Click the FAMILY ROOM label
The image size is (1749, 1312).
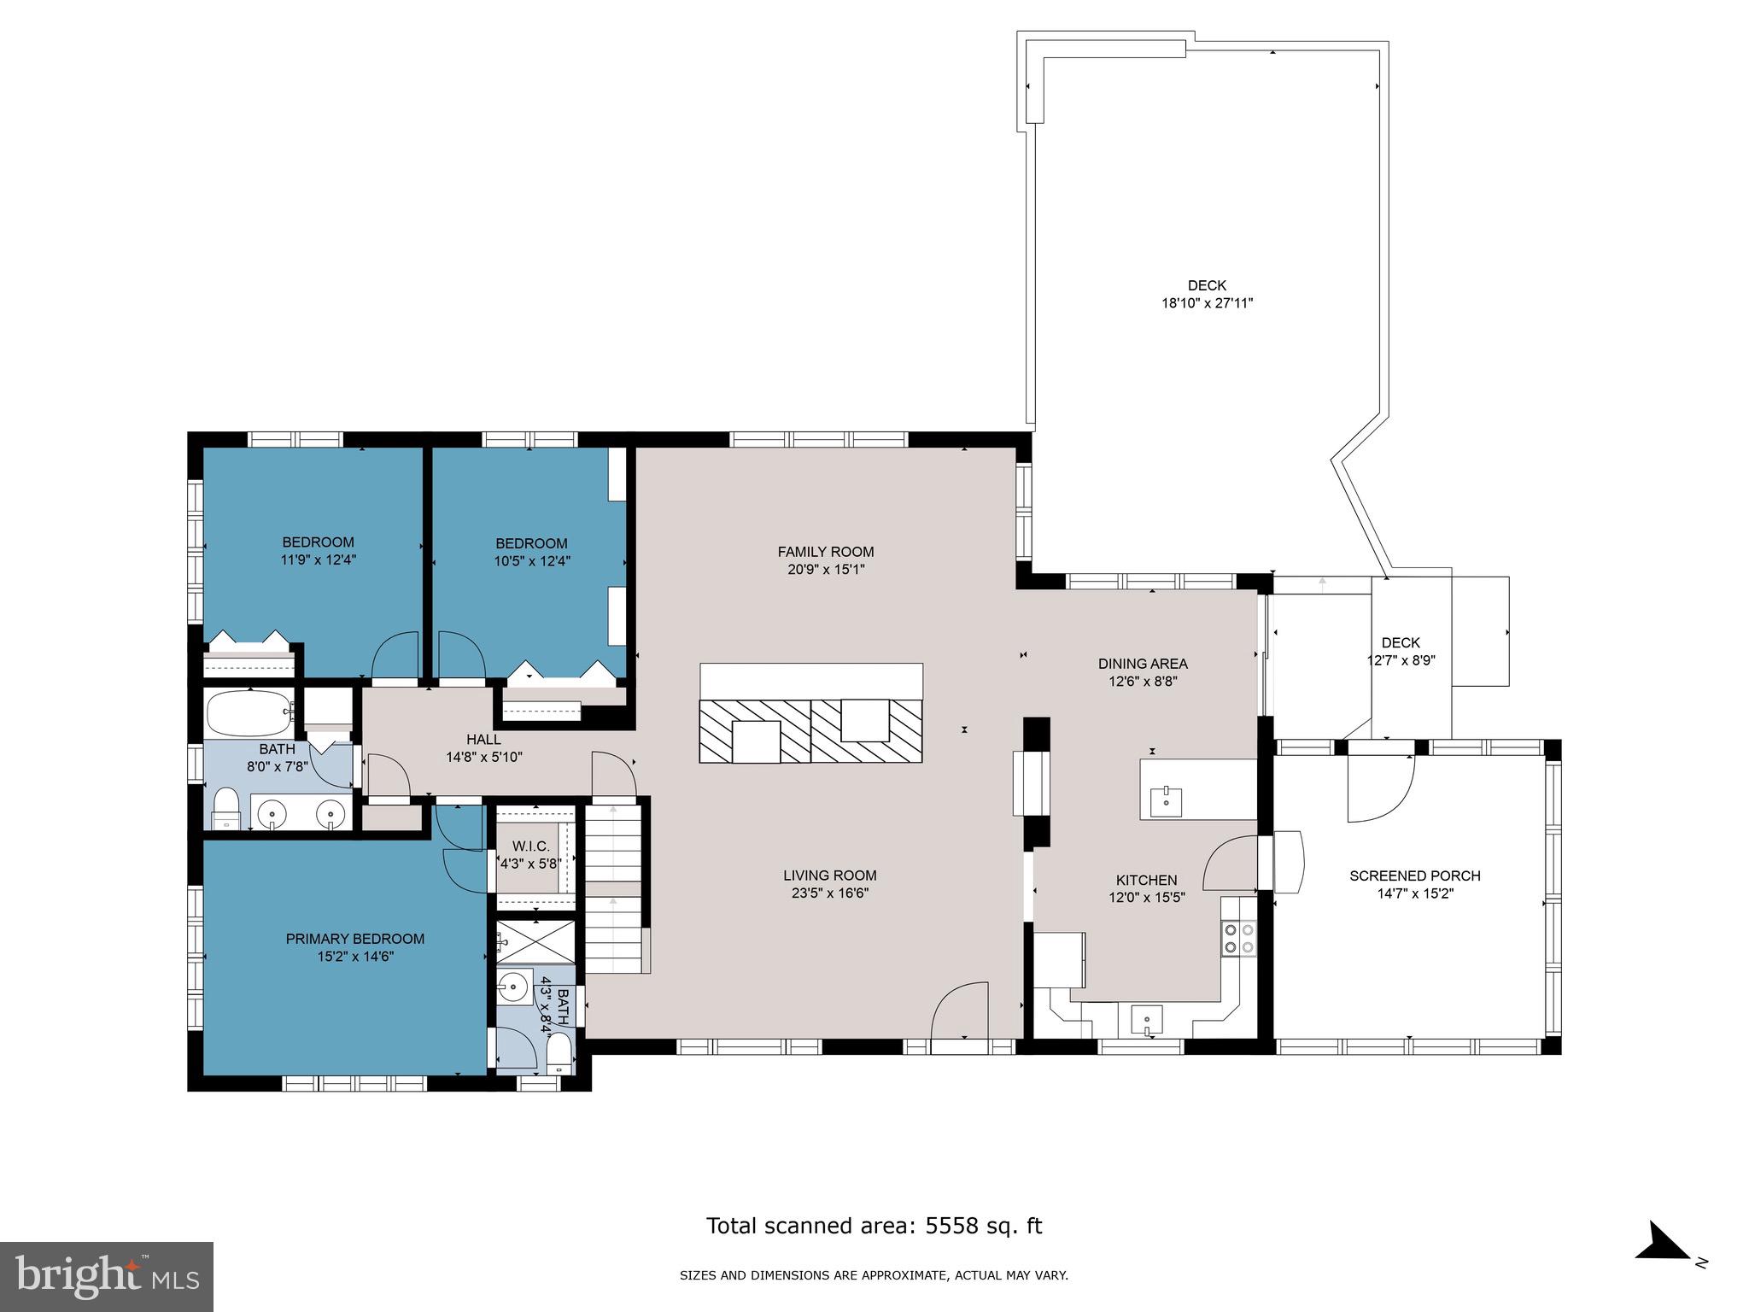pos(825,552)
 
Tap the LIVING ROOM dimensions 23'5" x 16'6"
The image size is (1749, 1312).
pos(830,893)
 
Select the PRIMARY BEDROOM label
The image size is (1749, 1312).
pos(354,939)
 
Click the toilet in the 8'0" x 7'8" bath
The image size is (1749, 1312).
pos(226,809)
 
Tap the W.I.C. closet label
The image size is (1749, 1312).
pos(530,846)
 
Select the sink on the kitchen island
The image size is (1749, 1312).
pos(1166,800)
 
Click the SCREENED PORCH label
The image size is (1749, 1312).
pos(1414,876)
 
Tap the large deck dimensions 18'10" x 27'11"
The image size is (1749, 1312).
pos(1206,303)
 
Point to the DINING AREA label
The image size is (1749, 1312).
pos(1142,664)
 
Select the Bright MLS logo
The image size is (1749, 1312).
pos(107,1277)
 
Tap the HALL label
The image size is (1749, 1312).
pos(483,740)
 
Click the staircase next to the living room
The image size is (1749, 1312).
pos(613,888)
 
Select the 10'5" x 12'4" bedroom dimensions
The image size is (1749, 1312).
pos(531,561)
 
